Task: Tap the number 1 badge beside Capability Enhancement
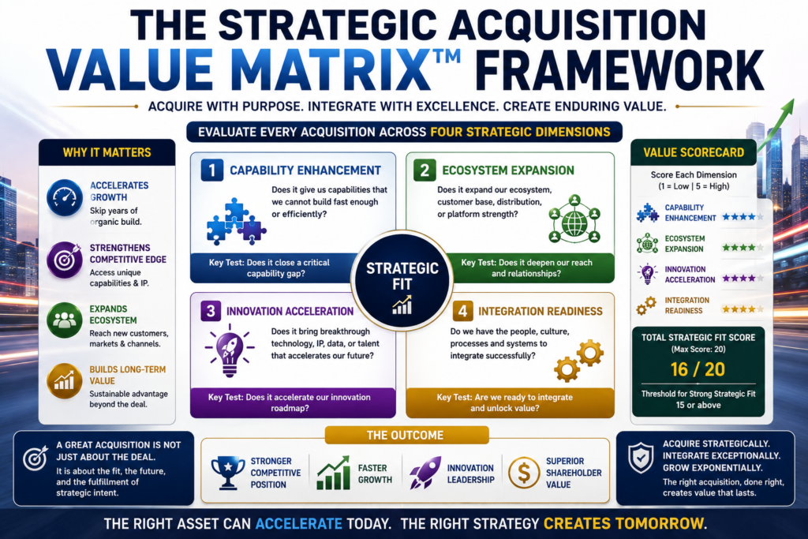211,170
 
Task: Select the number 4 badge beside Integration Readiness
462,311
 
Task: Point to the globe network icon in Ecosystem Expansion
574,219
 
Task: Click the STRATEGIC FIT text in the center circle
402,276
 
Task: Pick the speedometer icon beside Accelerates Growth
65,197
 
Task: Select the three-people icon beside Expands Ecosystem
65,320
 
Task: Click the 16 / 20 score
698,369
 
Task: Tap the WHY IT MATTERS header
107,152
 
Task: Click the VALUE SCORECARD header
694,152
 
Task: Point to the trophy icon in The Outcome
228,472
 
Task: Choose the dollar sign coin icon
524,473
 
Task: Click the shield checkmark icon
641,458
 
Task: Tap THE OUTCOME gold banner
406,436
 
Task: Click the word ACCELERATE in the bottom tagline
299,523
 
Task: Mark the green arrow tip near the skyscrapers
792,99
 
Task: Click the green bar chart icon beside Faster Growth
334,473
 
